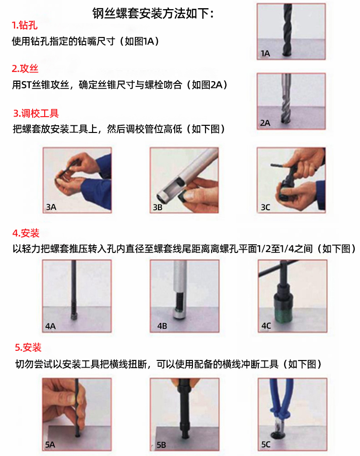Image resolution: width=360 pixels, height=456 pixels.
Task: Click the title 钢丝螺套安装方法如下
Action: [x=150, y=13]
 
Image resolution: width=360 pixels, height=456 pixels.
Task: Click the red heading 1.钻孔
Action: [x=24, y=25]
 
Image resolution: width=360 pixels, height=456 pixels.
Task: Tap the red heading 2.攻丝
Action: [x=25, y=69]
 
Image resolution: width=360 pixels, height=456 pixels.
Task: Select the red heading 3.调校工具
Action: [x=36, y=113]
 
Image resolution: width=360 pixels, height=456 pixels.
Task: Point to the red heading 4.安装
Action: [x=26, y=233]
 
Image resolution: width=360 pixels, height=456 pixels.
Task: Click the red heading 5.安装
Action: [x=28, y=347]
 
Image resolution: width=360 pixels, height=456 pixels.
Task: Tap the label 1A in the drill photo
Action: [x=265, y=53]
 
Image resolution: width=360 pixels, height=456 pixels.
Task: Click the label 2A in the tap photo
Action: [x=265, y=123]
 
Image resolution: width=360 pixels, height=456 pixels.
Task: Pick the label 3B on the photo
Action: [x=158, y=207]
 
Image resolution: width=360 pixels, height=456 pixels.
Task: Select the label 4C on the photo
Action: [x=266, y=326]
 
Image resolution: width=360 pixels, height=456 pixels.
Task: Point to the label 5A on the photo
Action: [x=50, y=444]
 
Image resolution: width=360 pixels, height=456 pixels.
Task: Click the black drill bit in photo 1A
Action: [x=288, y=30]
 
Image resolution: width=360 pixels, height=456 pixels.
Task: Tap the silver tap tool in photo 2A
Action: [x=286, y=99]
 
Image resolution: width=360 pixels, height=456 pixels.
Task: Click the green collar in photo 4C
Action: [x=282, y=315]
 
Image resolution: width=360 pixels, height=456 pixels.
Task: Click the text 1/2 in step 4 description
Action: [x=264, y=249]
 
